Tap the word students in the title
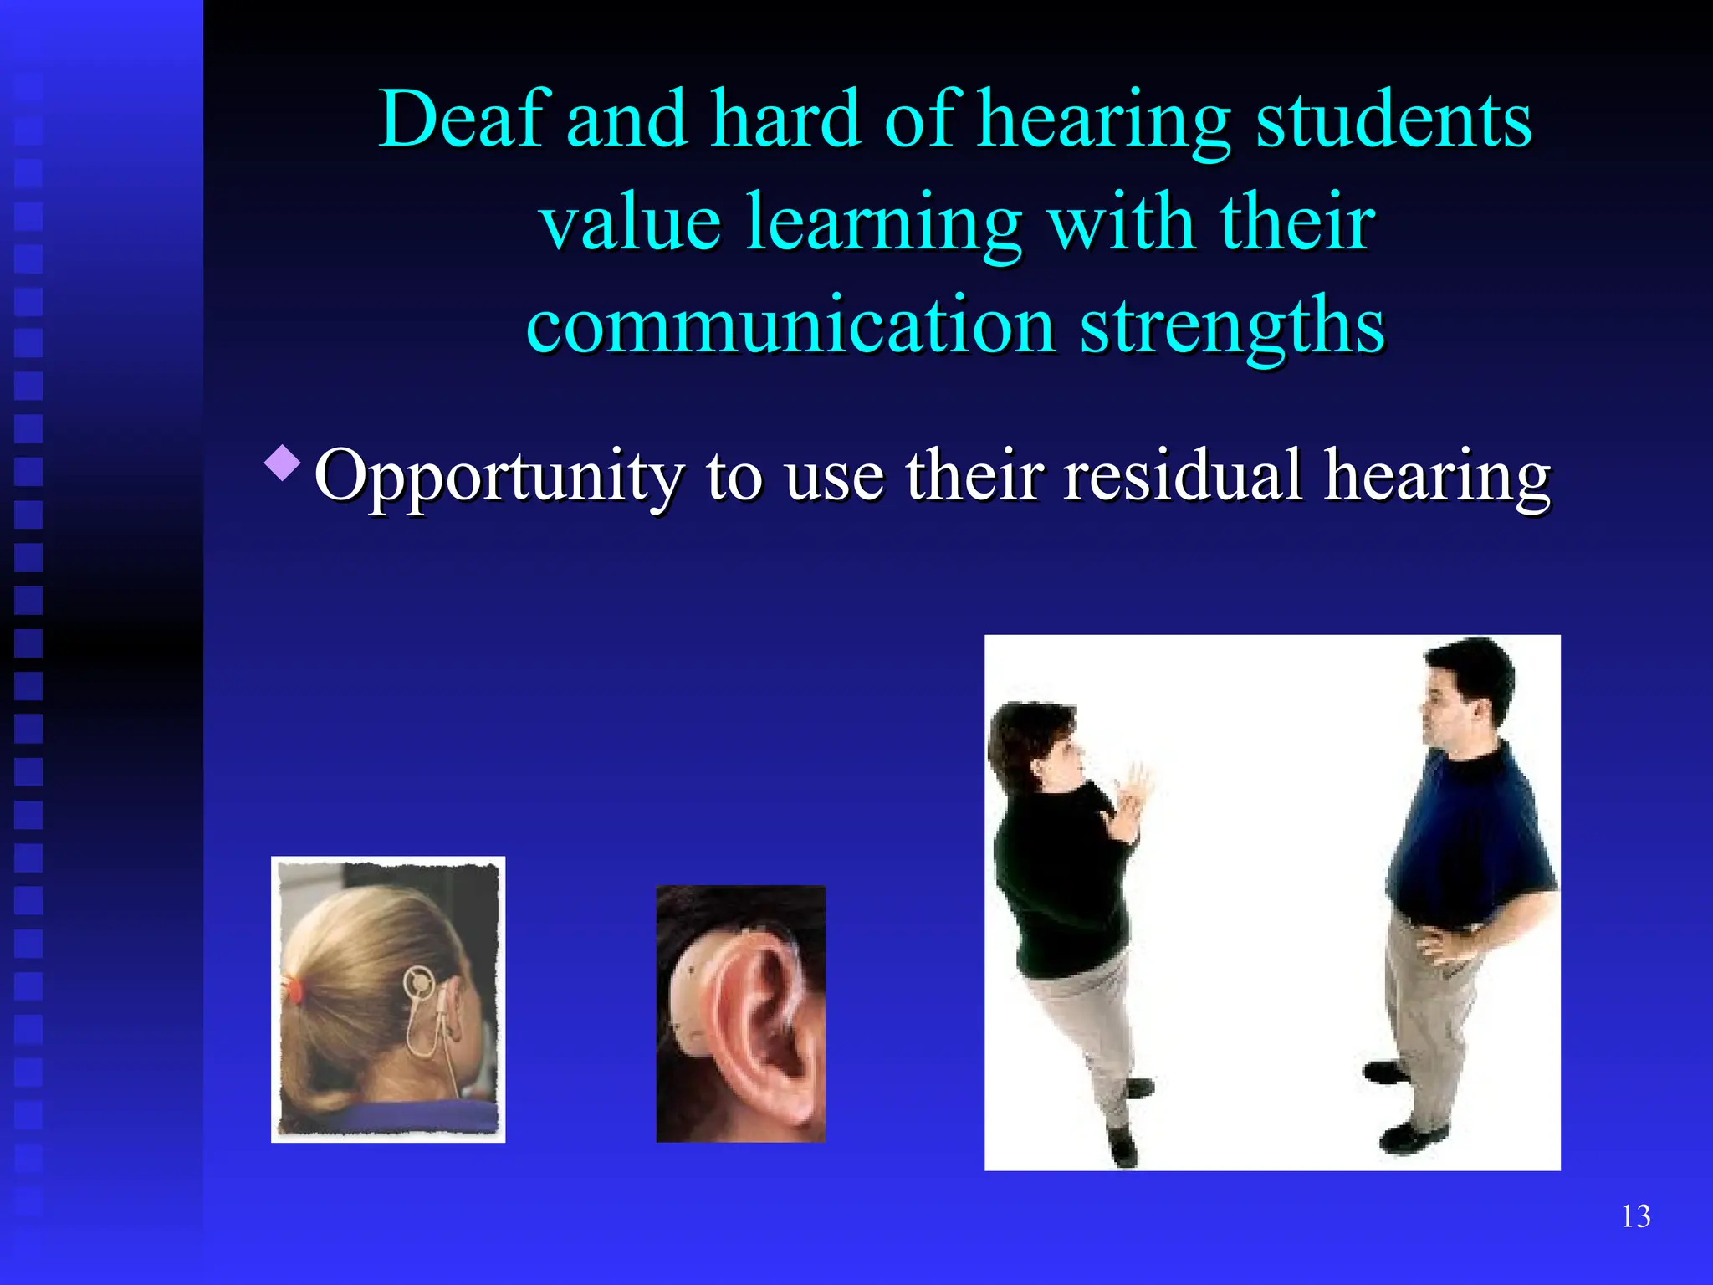click(1393, 120)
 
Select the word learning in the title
click(884, 223)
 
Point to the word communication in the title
click(790, 325)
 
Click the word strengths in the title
click(1232, 325)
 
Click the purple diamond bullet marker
click(282, 463)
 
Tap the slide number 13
click(1635, 1216)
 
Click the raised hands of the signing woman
click(1129, 795)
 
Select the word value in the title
click(630, 223)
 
